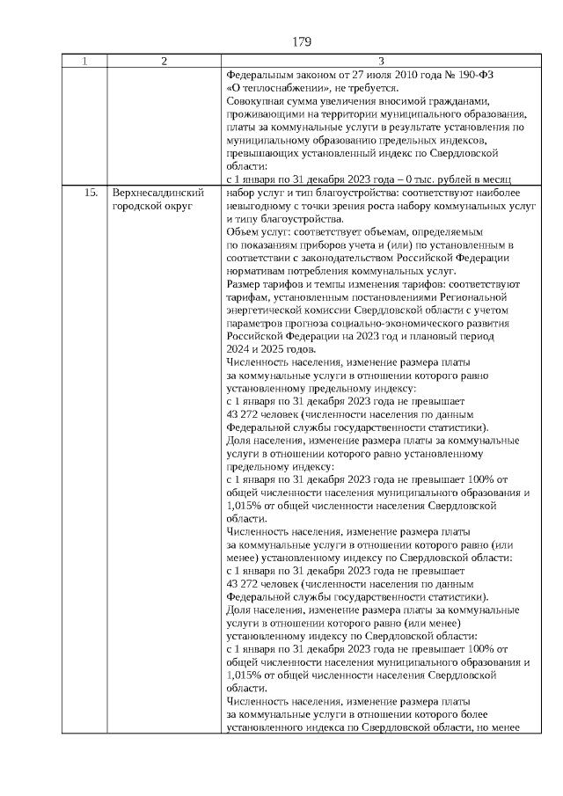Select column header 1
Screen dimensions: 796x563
click(84, 62)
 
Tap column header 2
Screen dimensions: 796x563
click(165, 62)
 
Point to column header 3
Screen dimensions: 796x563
click(380, 62)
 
